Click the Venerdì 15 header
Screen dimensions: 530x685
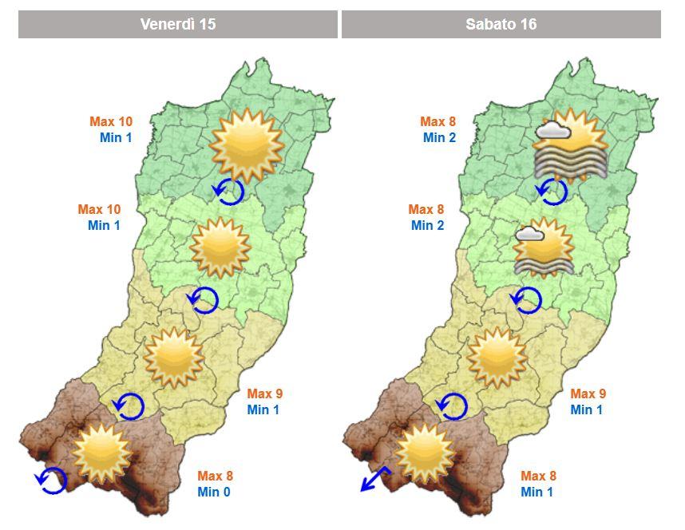point(177,24)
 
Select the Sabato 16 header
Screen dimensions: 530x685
point(501,24)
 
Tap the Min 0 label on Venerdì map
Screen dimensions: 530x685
point(215,492)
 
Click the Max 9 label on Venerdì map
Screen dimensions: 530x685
point(264,394)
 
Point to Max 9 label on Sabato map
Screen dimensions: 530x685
point(588,394)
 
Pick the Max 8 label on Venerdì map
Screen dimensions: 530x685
point(215,476)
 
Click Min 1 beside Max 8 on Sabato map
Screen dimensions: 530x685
point(537,492)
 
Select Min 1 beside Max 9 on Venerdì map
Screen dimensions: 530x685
point(264,410)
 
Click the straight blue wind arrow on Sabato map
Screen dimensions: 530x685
point(373,478)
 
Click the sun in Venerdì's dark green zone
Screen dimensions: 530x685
point(246,144)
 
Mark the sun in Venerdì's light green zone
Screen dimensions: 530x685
point(216,247)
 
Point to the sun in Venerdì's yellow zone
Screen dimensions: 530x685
point(173,357)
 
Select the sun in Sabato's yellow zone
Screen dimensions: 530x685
point(497,357)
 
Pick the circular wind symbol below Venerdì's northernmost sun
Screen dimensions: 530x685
point(230,192)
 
